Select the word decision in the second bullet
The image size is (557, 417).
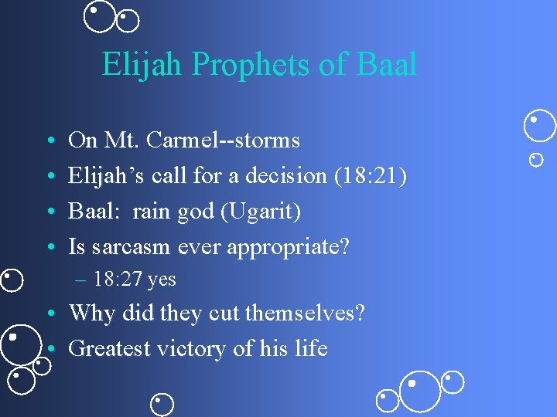(287, 176)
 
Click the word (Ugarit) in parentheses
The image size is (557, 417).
(261, 212)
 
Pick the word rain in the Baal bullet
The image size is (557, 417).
(150, 212)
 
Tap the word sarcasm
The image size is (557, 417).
(129, 247)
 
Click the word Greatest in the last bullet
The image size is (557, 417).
(109, 349)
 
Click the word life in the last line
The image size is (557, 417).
(311, 349)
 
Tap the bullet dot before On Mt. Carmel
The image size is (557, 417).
(50, 142)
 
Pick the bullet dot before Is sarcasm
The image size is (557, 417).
(50, 249)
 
